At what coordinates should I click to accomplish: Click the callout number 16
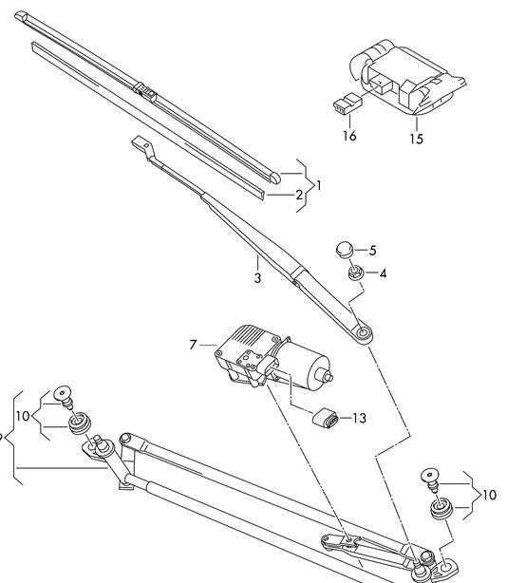click(349, 136)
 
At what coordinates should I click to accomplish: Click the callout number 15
click(417, 139)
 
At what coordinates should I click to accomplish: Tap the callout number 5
click(372, 251)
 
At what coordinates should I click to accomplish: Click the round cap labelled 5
click(345, 250)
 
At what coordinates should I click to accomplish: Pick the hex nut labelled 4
click(354, 273)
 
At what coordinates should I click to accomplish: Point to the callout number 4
click(383, 274)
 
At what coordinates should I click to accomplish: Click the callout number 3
click(257, 278)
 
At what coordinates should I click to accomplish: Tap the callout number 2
click(299, 195)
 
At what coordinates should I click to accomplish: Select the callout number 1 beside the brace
click(318, 185)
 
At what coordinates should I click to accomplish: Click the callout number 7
click(192, 345)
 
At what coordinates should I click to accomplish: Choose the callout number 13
click(359, 418)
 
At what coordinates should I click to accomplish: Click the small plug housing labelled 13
click(326, 419)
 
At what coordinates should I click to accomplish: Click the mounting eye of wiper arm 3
click(363, 332)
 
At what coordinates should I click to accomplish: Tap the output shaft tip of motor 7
click(329, 377)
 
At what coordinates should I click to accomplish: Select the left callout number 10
click(23, 416)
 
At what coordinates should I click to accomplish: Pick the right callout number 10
click(489, 495)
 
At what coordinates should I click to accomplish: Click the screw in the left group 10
click(64, 397)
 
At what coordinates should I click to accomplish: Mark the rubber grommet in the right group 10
click(441, 509)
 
